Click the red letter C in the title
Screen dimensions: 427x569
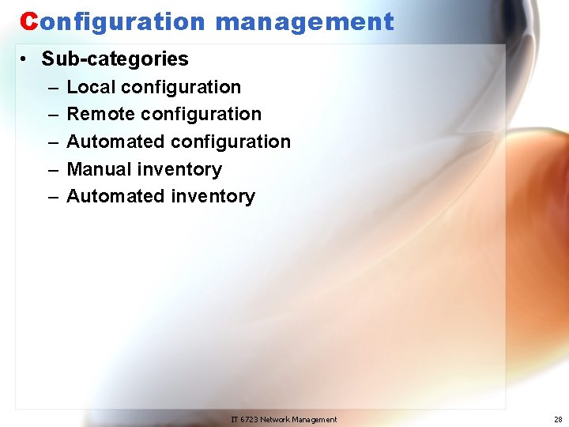coord(28,21)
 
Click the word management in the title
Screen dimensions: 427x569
coord(304,22)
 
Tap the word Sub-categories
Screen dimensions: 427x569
coord(115,59)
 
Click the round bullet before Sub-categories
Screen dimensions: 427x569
coord(27,59)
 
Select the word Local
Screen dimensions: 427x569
coord(91,87)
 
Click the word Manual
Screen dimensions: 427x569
coord(100,169)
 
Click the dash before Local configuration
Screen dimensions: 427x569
coord(52,87)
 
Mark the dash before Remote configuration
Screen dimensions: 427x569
coord(52,115)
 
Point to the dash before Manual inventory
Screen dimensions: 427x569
coord(52,169)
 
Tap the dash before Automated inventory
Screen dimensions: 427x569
coord(52,197)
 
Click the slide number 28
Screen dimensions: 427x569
coord(558,419)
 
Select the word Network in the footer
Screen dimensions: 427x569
coord(277,419)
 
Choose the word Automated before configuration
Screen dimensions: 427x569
coord(116,142)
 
